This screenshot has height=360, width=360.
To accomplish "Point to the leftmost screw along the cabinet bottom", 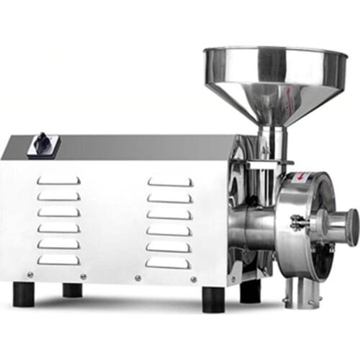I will pos(30,274).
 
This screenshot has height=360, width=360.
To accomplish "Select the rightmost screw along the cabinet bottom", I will pos(194,279).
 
